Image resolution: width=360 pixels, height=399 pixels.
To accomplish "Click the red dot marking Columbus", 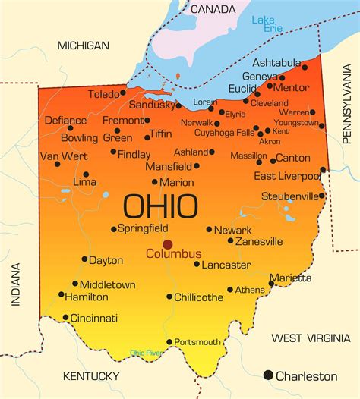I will click(x=167, y=244).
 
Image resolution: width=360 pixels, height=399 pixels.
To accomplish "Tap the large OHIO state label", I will click(x=160, y=206).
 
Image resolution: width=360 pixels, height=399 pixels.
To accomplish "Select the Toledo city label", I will click(x=103, y=95).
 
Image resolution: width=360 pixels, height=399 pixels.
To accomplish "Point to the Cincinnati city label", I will click(x=94, y=318).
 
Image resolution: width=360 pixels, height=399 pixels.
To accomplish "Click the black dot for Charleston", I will click(x=267, y=375).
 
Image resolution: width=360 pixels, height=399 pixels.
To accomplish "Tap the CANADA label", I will click(x=213, y=9).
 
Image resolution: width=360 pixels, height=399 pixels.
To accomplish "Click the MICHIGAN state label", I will click(x=84, y=46).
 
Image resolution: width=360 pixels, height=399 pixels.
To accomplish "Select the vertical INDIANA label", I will click(x=14, y=284).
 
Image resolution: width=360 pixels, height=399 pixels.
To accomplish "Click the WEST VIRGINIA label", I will click(x=311, y=338).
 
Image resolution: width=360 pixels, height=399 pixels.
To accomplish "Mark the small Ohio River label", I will click(x=146, y=353).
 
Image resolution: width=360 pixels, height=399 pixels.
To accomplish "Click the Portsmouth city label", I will click(x=197, y=342).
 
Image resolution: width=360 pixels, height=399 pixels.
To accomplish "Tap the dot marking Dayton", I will click(x=84, y=259).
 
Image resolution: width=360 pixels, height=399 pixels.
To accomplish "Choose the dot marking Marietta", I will click(x=271, y=284).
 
